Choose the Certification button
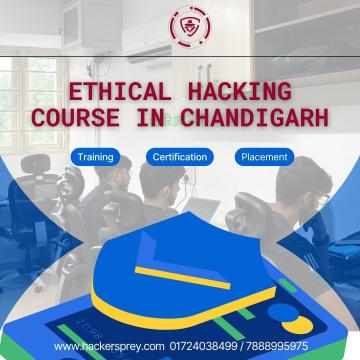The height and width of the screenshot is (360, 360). (180, 157)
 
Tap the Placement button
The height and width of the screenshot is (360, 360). (264, 157)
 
